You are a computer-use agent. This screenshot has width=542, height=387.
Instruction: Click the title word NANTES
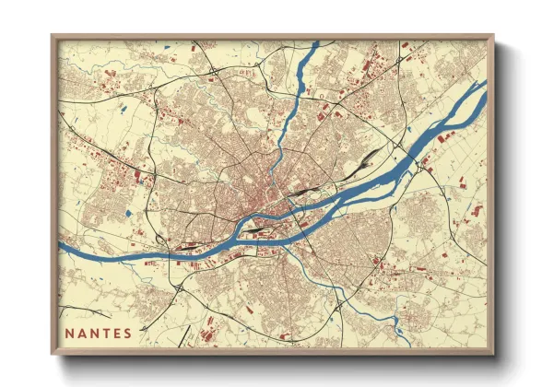pyautogui.click(x=98, y=332)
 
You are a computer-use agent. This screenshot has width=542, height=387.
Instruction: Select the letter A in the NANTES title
pyautogui.click(x=82, y=332)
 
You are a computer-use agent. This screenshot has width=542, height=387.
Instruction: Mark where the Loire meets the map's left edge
pyautogui.click(x=62, y=248)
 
